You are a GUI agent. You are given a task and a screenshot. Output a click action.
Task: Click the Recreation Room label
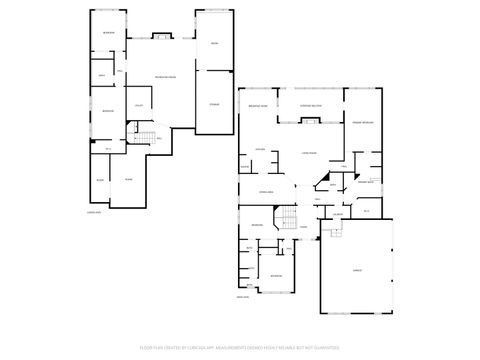(165, 78)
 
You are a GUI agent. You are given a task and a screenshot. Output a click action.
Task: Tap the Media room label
(213, 44)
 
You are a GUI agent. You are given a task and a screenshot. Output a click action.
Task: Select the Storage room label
(213, 104)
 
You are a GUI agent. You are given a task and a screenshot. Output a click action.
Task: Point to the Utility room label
(138, 106)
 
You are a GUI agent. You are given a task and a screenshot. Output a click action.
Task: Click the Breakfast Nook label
(257, 107)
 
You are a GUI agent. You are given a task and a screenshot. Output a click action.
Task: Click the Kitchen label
(259, 150)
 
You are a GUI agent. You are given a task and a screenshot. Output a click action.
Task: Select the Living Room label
(309, 152)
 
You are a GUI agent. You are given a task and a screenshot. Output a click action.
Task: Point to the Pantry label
(244, 167)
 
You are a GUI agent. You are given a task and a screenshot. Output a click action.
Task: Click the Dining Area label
(266, 191)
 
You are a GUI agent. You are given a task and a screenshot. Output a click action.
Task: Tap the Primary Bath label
(366, 182)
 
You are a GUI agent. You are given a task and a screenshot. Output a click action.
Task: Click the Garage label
(356, 270)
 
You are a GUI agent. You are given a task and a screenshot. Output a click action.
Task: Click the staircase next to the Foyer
(287, 219)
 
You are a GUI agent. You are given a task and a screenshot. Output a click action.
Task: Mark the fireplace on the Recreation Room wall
(159, 38)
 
